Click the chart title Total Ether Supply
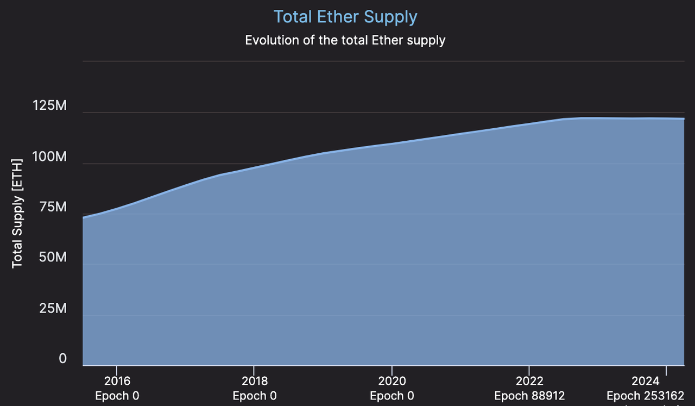tap(345, 16)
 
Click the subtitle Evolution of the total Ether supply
tap(345, 40)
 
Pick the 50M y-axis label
tap(54, 257)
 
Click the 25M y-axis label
tap(54, 308)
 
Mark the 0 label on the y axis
tap(63, 359)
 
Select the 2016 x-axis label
tap(117, 380)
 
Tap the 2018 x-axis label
tap(254, 380)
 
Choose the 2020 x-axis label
tap(391, 380)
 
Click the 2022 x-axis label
tap(529, 380)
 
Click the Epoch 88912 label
tap(529, 396)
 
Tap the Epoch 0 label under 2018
tap(254, 396)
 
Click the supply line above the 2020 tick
tap(391, 143)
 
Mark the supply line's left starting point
tap(83, 217)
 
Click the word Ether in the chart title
tap(338, 16)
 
